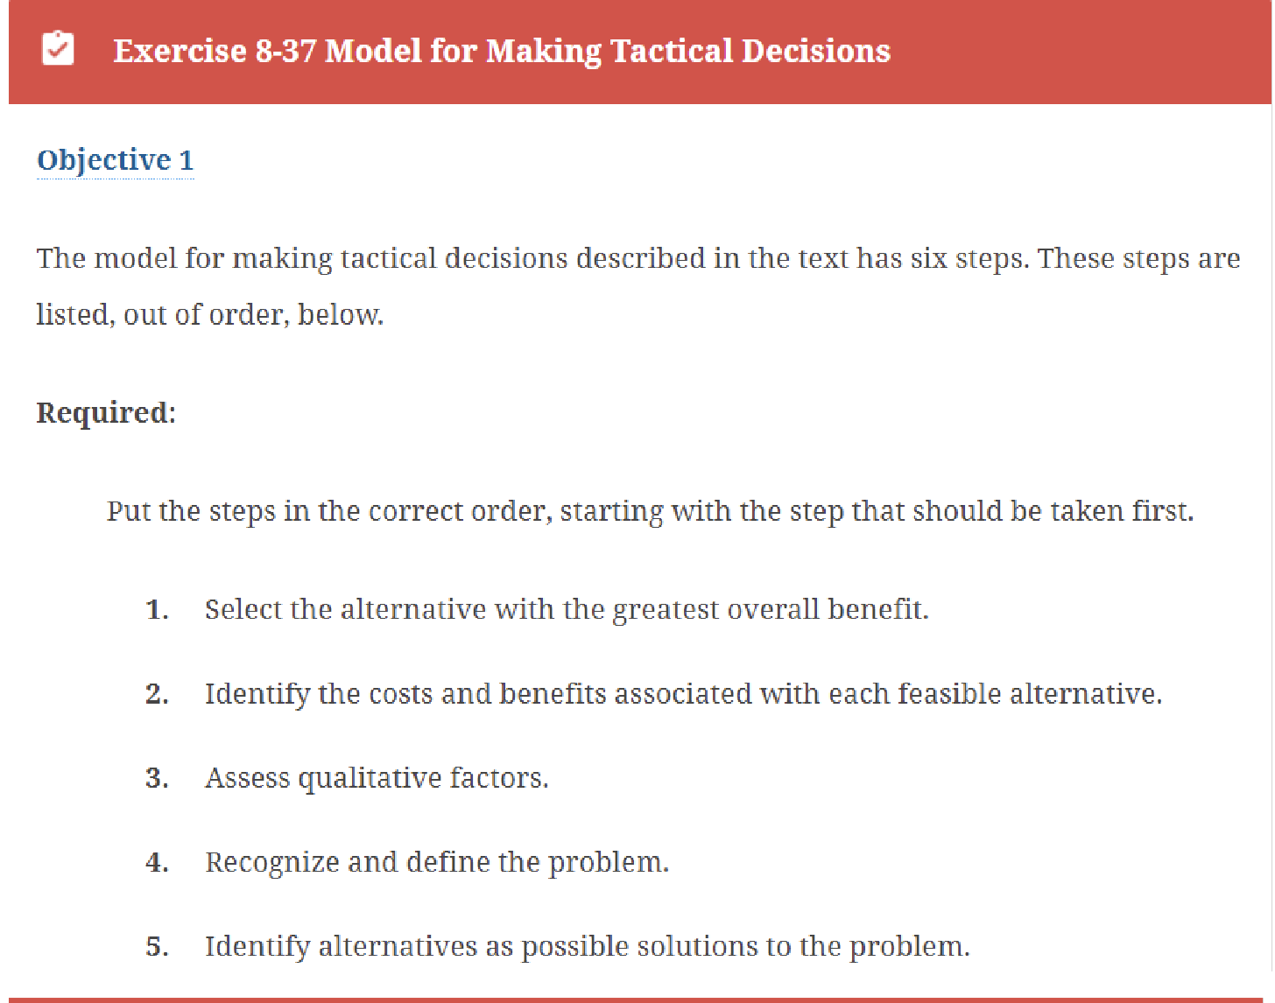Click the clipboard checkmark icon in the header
pyautogui.click(x=58, y=49)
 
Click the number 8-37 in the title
pyautogui.click(x=285, y=51)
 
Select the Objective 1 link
pyautogui.click(x=115, y=160)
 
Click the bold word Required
pyautogui.click(x=104, y=412)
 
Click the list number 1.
pyautogui.click(x=156, y=610)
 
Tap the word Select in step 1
pyautogui.click(x=243, y=610)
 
